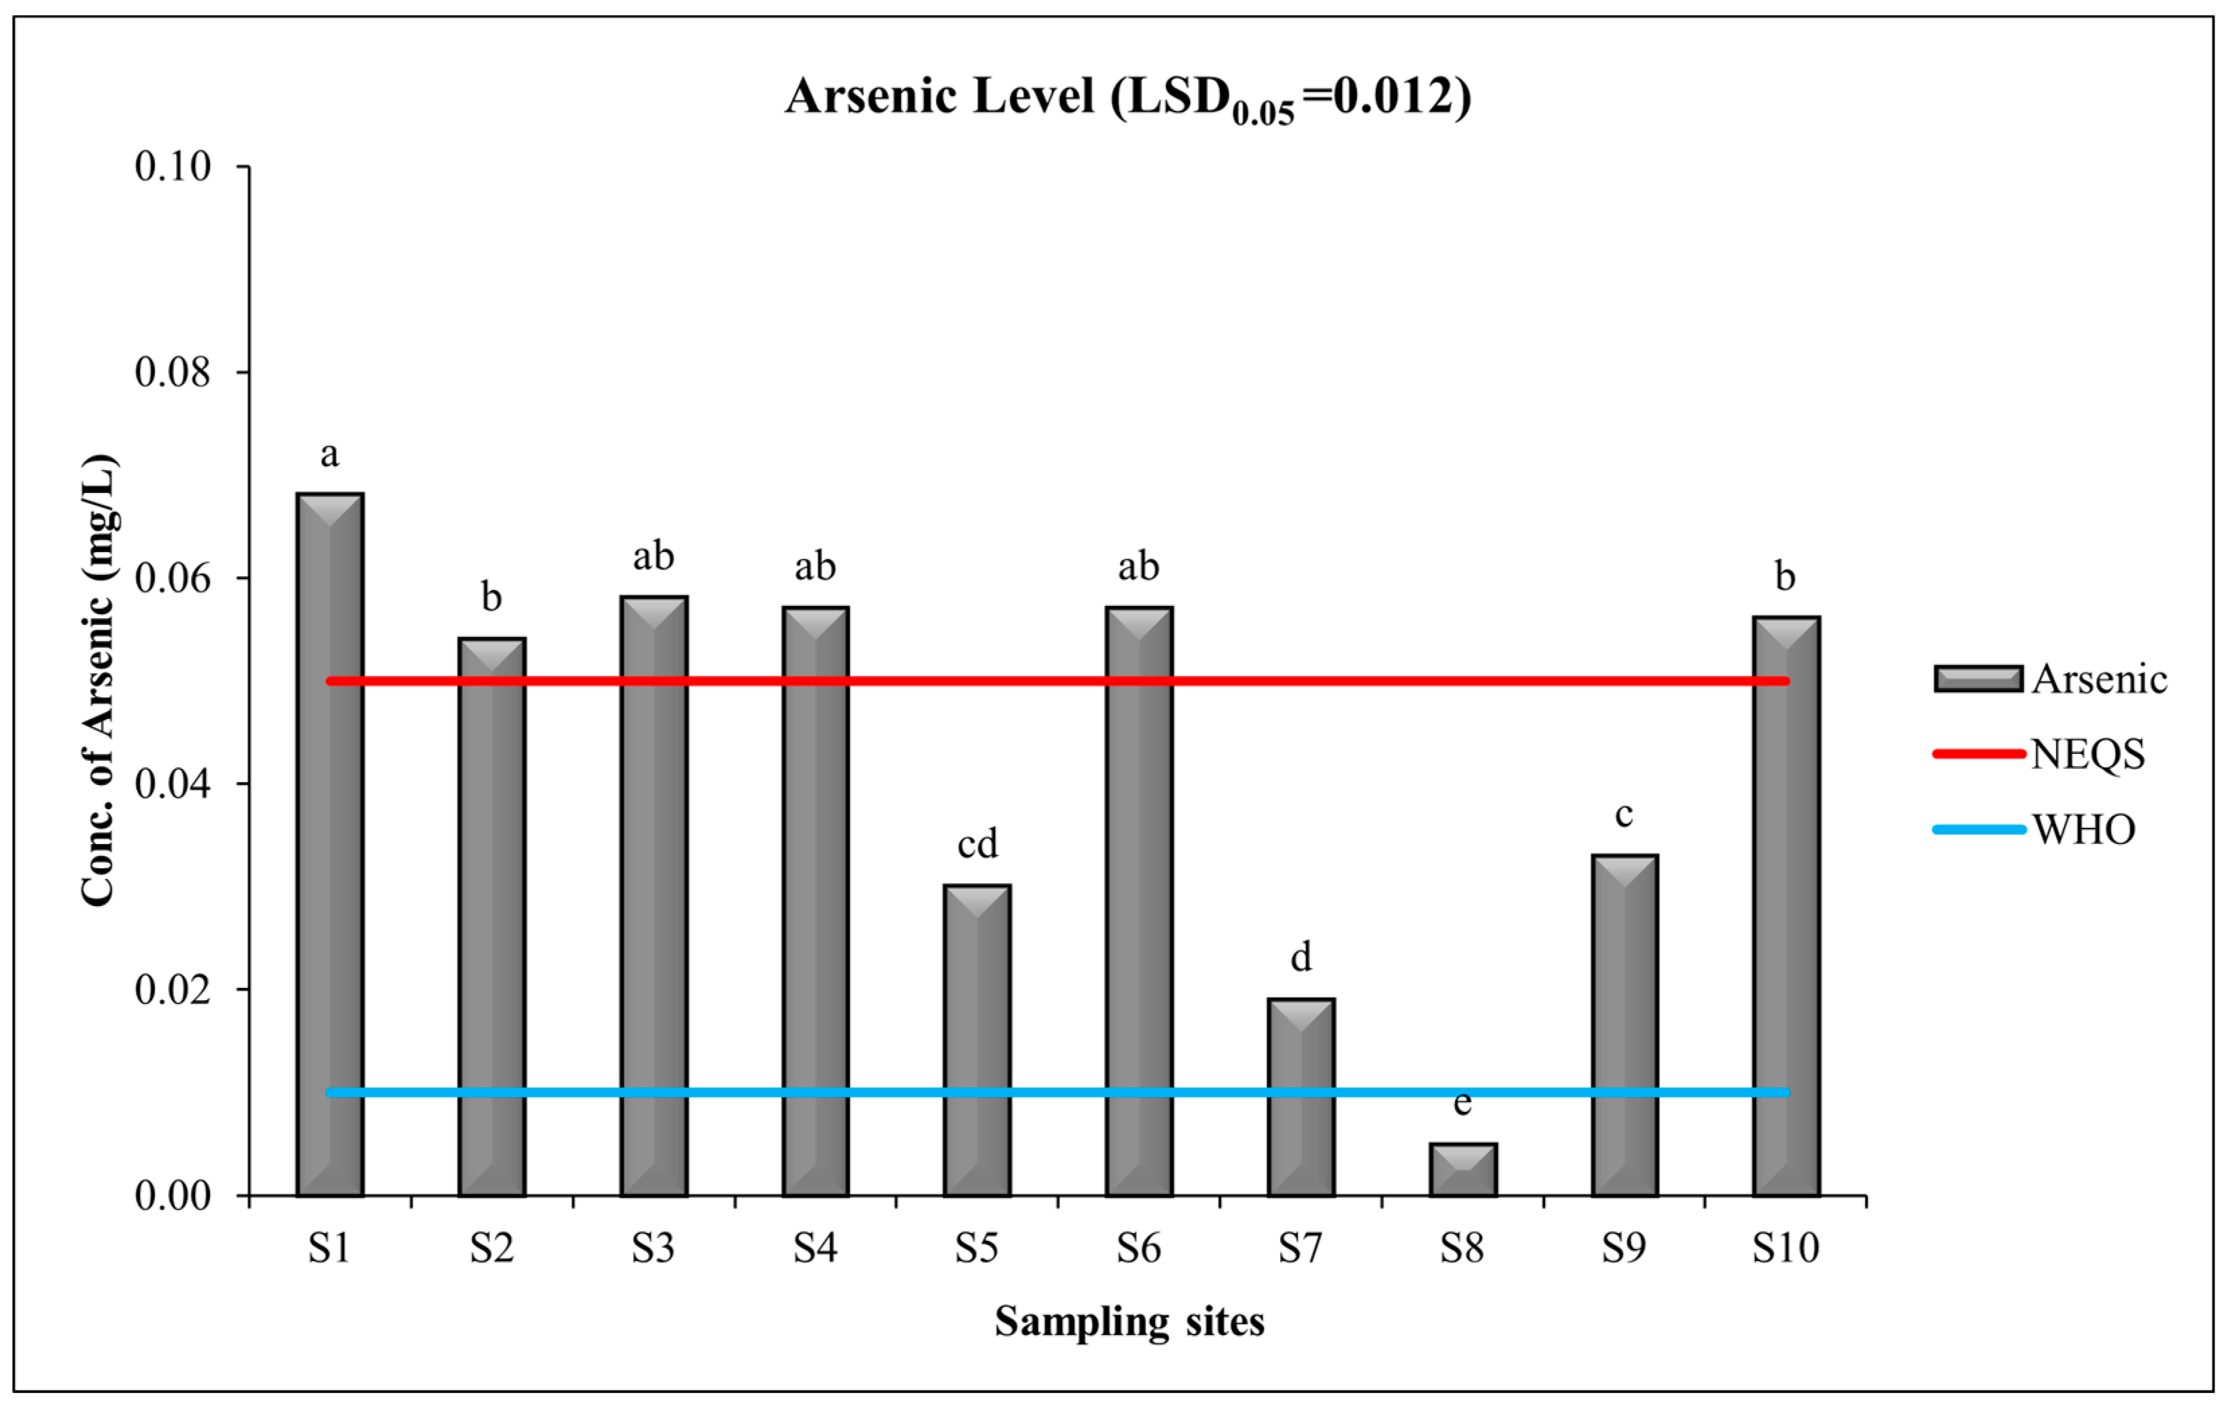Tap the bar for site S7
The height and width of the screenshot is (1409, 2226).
[1301, 1098]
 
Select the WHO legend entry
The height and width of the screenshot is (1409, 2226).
[2083, 829]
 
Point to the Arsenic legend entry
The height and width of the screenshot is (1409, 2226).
[2098, 679]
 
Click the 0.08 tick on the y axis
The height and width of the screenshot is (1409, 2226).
[173, 373]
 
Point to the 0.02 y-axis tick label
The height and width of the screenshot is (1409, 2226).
[173, 989]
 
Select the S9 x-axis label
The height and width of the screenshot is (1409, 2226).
[1624, 1248]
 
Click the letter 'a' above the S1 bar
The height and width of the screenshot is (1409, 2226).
[329, 455]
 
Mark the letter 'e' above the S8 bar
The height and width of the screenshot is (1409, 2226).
[1462, 1102]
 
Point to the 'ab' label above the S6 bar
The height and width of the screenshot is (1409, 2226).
[1138, 566]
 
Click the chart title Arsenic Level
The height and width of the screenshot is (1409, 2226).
[1128, 97]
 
